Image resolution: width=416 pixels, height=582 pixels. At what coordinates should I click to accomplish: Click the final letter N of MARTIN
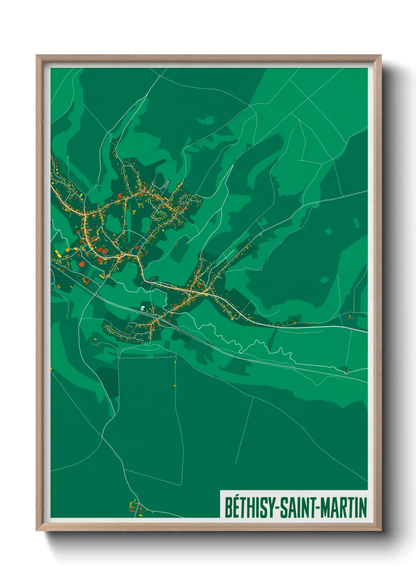point(363,507)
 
